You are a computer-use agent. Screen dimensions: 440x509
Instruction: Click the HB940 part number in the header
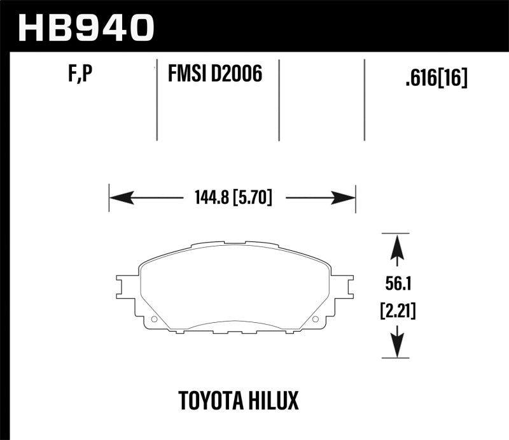tap(87, 27)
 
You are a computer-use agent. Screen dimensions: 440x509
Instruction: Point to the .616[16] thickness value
tap(436, 78)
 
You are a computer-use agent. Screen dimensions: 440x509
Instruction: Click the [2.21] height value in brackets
tap(396, 312)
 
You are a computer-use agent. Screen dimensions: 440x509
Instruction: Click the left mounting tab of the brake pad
tap(127, 288)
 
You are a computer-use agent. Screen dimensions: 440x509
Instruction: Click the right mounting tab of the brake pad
tap(342, 288)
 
